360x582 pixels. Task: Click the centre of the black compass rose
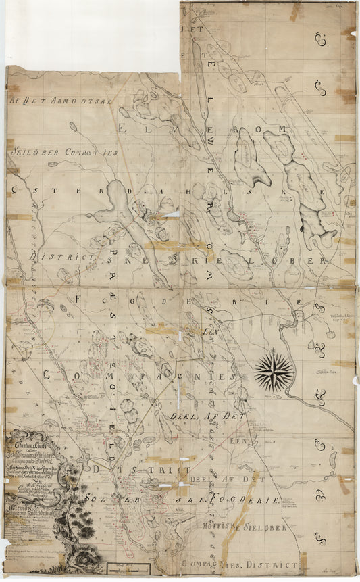(274, 371)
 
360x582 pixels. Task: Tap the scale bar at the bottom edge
(124, 568)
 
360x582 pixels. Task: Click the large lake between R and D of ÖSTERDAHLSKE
(118, 203)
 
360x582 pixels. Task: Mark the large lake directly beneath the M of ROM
(301, 183)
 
